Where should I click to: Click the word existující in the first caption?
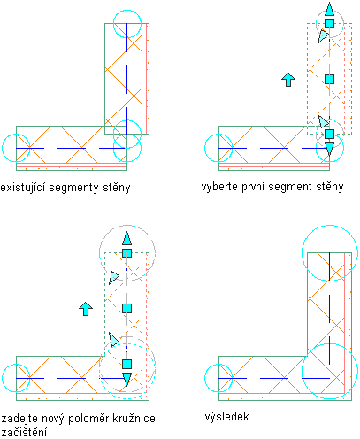click(x=23, y=188)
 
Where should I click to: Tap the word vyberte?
click(x=219, y=187)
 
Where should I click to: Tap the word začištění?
click(x=24, y=433)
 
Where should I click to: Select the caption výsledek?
click(x=226, y=417)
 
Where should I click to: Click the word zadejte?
click(x=19, y=419)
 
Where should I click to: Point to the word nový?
click(x=53, y=419)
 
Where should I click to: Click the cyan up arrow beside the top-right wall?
click(x=288, y=80)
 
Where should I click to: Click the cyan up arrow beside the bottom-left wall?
click(x=86, y=309)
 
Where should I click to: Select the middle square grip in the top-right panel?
click(x=329, y=79)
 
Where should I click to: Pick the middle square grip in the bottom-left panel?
click(x=126, y=309)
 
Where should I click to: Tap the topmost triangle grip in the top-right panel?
click(x=329, y=10)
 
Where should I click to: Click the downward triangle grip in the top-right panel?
click(x=329, y=149)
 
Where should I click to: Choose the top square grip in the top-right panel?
click(x=329, y=24)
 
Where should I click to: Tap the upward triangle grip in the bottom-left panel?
click(x=126, y=238)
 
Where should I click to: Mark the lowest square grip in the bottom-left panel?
click(x=126, y=364)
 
